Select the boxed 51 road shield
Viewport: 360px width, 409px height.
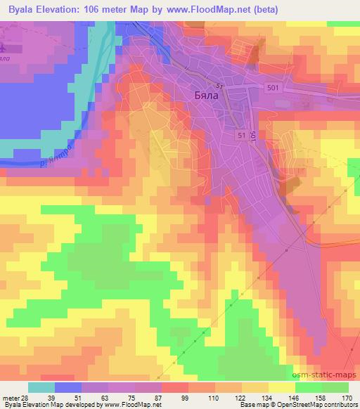pyautogui.click(x=242, y=134)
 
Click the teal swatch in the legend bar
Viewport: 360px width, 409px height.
pyautogui.click(x=41, y=387)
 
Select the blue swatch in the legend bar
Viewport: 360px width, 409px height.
pyautogui.click(x=69, y=387)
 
